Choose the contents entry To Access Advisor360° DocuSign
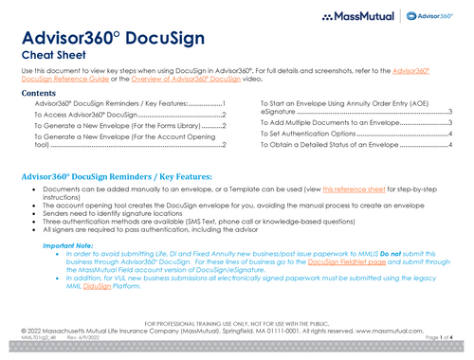pyautogui.click(x=90, y=115)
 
